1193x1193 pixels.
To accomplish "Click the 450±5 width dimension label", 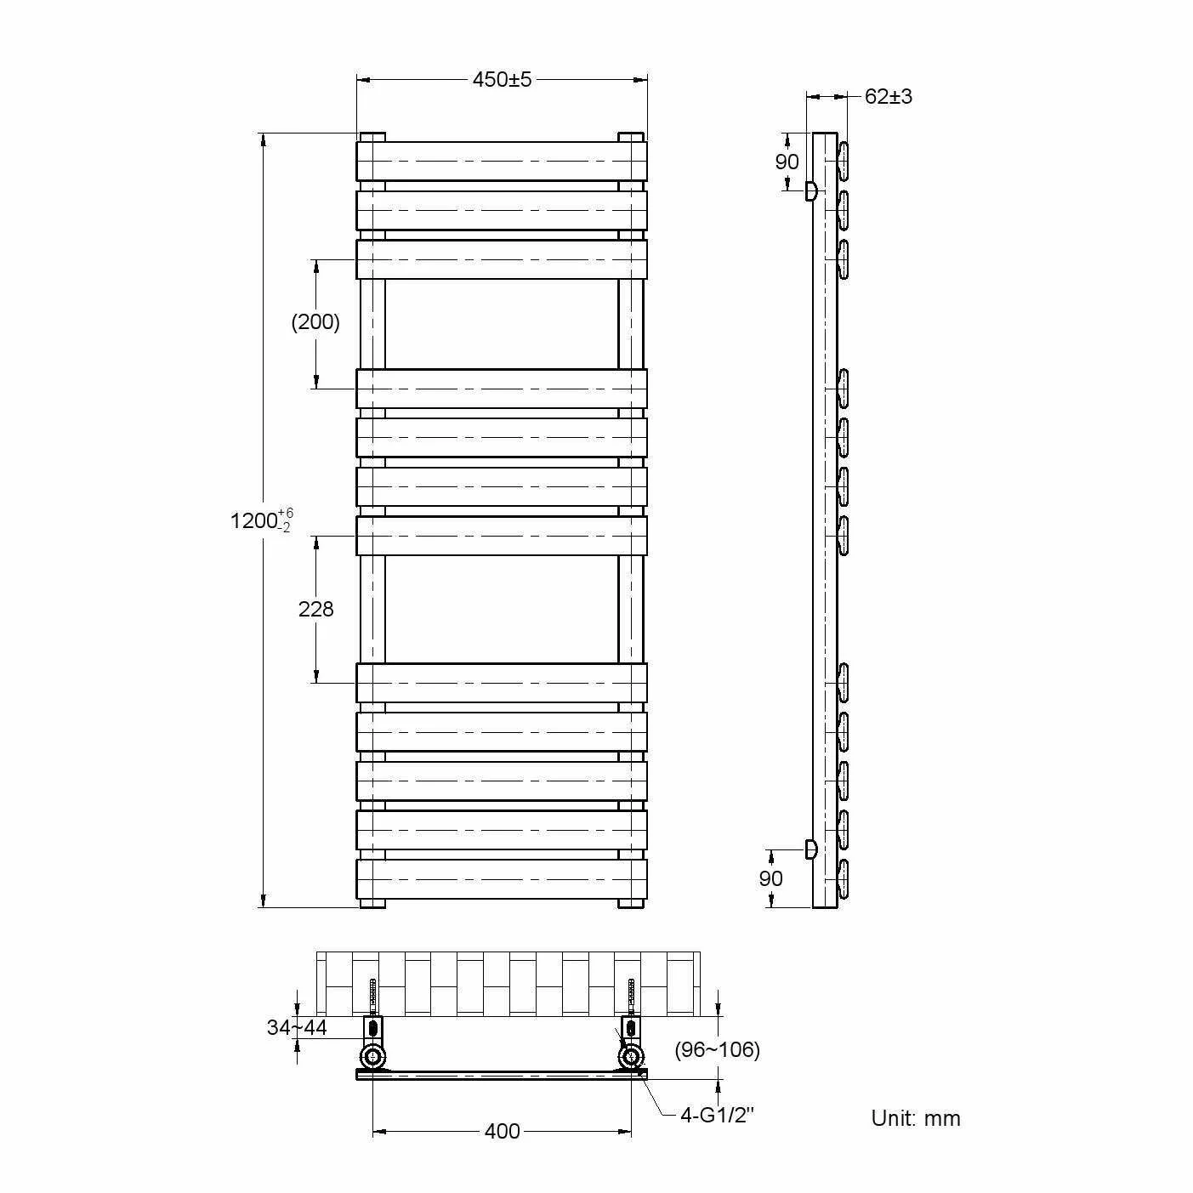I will (502, 79).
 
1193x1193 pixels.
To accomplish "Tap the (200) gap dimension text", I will (315, 322).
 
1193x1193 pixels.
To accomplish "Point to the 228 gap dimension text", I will (315, 609).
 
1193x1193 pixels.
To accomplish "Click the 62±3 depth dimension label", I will (888, 96).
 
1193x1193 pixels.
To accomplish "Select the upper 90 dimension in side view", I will (787, 162).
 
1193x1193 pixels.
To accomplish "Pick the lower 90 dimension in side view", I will (770, 878).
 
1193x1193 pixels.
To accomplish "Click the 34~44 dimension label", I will (297, 1027).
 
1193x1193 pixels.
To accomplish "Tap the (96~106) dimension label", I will (717, 1049).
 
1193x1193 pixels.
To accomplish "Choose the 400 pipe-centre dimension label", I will (502, 1131).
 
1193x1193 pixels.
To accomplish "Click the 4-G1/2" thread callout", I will (717, 1115).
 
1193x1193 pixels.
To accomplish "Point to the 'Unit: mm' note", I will (916, 1118).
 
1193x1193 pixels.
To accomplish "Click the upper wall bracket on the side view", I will (810, 190).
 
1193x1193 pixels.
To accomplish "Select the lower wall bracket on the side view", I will (810, 849).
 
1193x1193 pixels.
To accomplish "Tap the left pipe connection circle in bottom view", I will (372, 1058).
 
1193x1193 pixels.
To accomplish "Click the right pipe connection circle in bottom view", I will (631, 1058).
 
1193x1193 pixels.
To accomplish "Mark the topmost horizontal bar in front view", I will (502, 161).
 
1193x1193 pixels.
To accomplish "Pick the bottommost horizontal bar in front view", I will (502, 878).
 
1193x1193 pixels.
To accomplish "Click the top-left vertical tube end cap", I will (372, 136).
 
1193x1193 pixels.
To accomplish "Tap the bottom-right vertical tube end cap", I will (630, 903).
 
